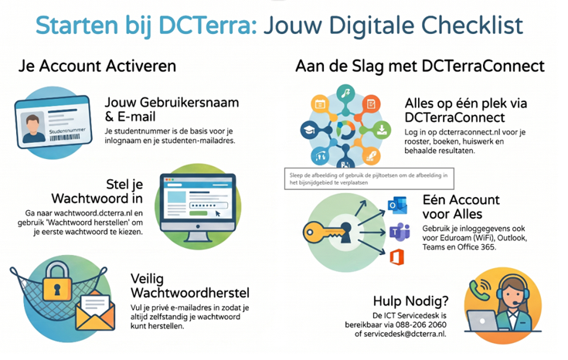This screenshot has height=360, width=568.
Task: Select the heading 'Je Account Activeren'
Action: pos(97,66)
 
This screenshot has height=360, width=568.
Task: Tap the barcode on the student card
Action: pos(64,138)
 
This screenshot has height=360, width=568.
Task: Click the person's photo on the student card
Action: pos(32,127)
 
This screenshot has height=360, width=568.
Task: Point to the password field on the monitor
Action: pos(209,205)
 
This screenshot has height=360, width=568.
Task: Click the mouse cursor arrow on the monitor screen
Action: pos(217,213)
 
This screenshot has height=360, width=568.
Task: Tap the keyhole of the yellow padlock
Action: pos(57,290)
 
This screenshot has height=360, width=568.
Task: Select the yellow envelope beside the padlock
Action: pos(95,311)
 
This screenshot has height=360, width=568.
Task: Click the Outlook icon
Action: pos(397,205)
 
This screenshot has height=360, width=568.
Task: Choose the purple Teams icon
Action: pos(400,233)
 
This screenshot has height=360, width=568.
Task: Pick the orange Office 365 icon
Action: pos(396,256)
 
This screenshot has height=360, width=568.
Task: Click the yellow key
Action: pos(328,233)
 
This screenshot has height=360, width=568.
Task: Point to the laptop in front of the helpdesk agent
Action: pos(482,321)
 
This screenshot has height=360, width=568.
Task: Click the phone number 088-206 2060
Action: pos(421,324)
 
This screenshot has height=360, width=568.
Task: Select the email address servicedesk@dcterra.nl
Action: pos(405,334)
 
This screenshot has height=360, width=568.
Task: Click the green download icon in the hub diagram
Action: pos(382,130)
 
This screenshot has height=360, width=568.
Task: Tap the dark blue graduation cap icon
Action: pos(309,130)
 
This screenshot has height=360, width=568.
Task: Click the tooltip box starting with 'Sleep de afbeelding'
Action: pos(369,178)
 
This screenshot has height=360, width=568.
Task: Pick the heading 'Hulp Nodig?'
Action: pos(411,301)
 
